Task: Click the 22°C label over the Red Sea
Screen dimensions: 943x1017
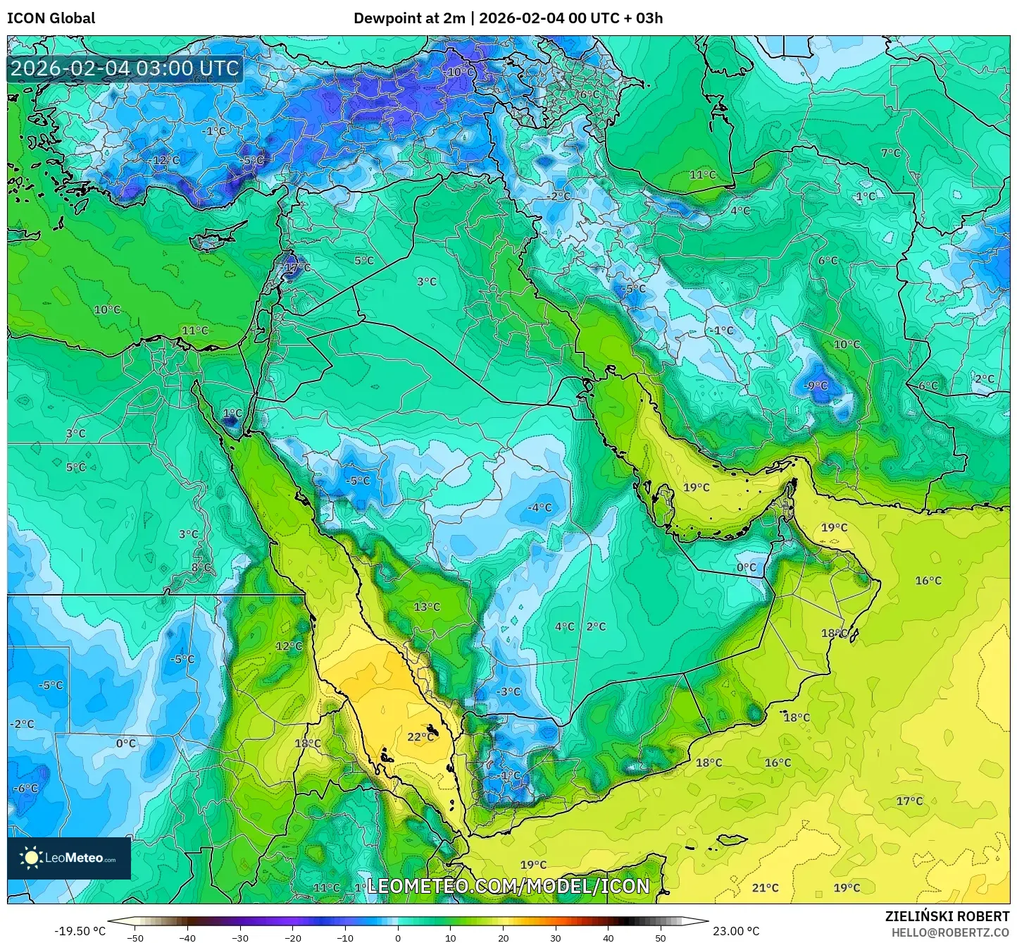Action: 420,737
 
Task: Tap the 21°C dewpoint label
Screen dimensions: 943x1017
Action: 766,888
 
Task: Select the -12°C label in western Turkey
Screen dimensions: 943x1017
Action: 164,161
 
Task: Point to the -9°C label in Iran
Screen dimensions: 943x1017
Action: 816,386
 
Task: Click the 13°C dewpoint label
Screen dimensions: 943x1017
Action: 427,607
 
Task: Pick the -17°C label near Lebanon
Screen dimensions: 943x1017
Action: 296,268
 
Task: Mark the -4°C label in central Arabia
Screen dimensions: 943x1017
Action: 539,507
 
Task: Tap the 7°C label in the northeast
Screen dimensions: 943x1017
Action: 890,153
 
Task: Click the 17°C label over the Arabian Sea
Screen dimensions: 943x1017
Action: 909,801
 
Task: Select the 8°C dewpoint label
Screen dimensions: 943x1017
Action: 201,567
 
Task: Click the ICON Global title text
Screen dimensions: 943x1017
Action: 51,18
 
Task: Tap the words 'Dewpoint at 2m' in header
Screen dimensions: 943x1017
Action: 409,18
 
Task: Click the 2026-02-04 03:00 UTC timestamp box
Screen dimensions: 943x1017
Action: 125,68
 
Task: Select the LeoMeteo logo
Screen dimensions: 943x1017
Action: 69,858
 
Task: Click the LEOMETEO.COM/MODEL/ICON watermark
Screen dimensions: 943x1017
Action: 508,886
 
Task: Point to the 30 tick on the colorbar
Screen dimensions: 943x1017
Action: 556,938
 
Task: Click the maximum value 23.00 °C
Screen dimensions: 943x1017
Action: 736,931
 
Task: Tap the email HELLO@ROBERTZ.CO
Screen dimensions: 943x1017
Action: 950,932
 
